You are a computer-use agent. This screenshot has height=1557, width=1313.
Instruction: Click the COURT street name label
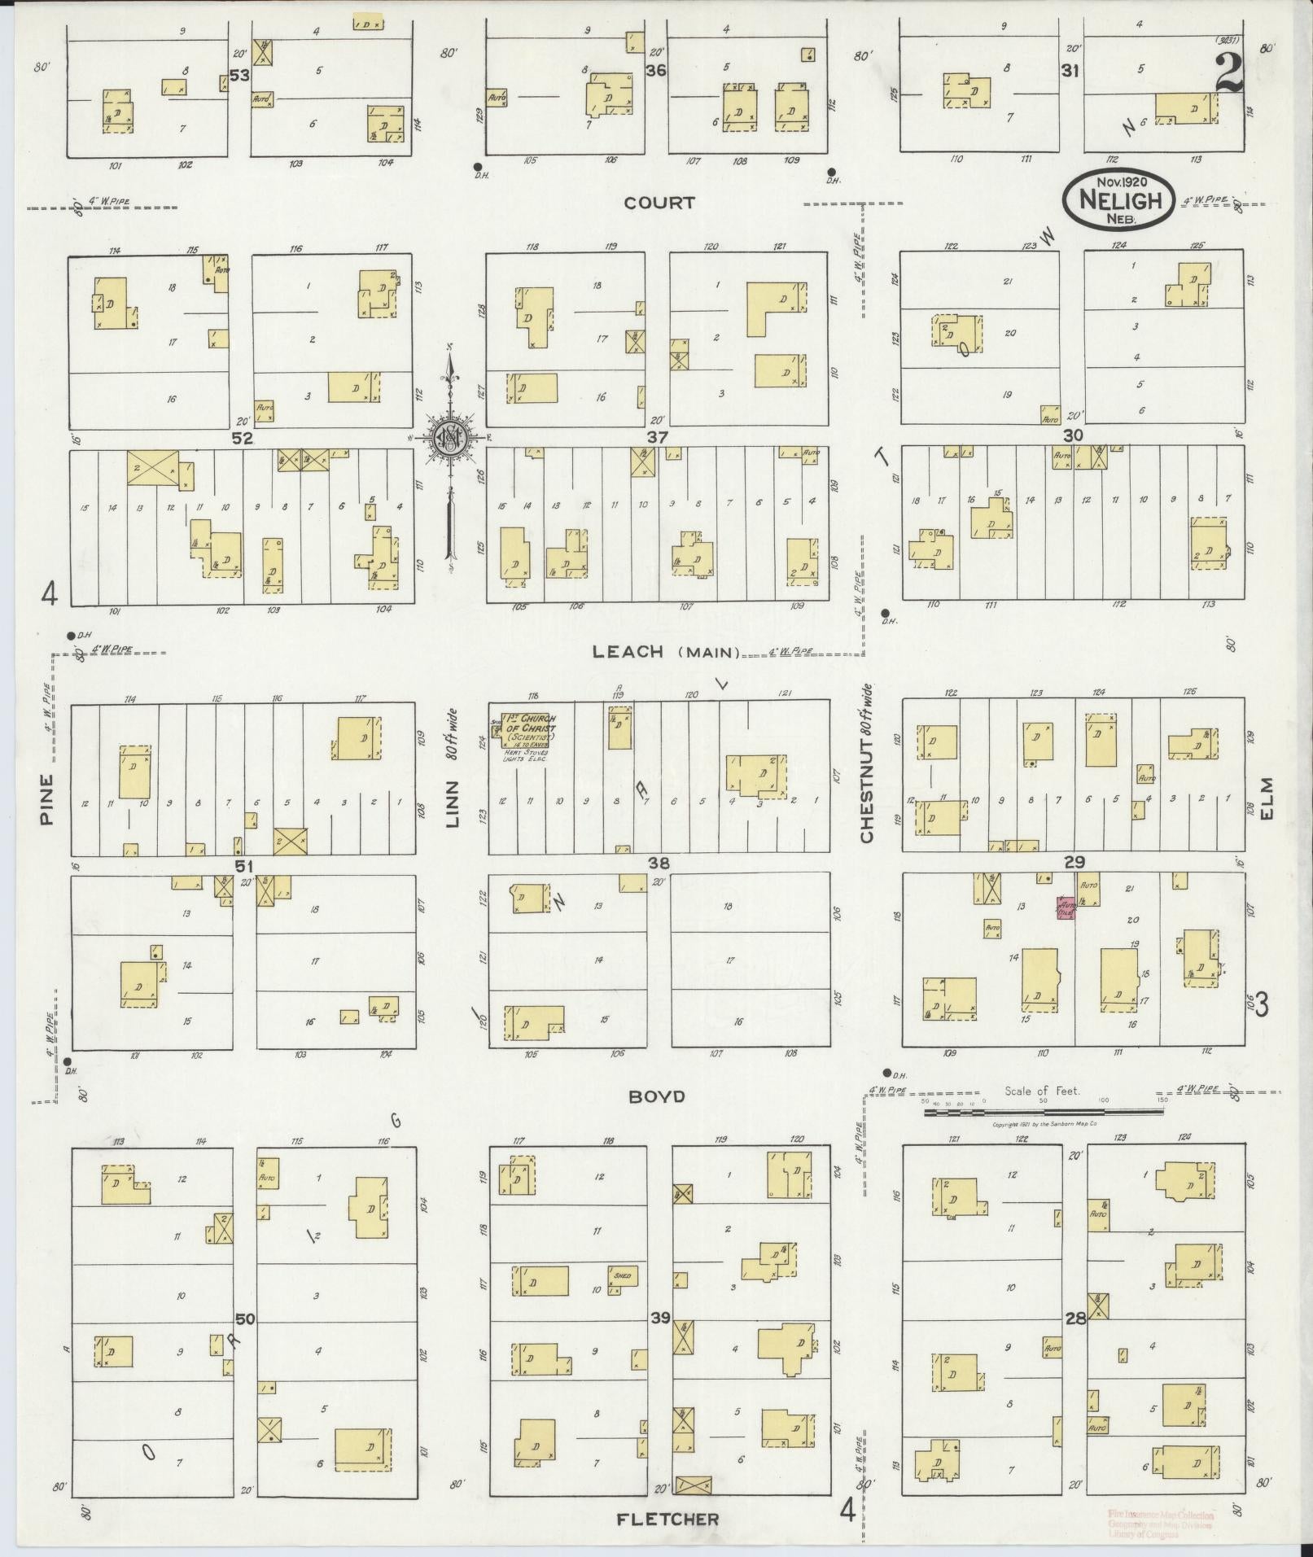pyautogui.click(x=659, y=203)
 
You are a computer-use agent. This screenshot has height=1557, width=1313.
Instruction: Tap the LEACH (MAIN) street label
pyautogui.click(x=666, y=651)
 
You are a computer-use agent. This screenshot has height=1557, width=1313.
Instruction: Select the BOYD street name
pyautogui.click(x=656, y=1096)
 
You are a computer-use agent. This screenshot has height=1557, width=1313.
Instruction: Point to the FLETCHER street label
pyautogui.click(x=667, y=1519)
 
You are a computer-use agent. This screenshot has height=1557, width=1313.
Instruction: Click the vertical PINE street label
pyautogui.click(x=46, y=799)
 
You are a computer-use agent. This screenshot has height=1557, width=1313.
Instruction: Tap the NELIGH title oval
pyautogui.click(x=1117, y=199)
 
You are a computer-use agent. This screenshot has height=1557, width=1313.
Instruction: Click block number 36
pyautogui.click(x=656, y=71)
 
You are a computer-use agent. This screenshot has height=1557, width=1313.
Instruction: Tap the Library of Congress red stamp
pyautogui.click(x=1160, y=1522)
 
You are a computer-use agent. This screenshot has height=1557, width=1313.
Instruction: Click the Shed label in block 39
pyautogui.click(x=622, y=1275)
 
